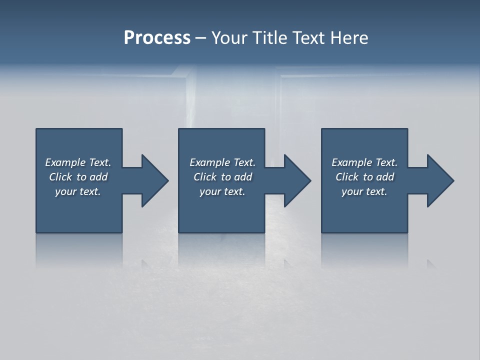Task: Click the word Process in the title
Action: [x=157, y=38]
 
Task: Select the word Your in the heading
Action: [x=230, y=38]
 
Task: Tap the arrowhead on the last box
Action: [x=439, y=180]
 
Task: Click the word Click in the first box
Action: [x=60, y=177]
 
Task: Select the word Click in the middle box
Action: [x=205, y=177]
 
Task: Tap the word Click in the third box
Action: [x=347, y=177]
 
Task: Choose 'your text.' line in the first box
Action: [x=78, y=191]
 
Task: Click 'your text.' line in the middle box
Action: [x=222, y=191]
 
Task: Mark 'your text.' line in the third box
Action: [x=364, y=191]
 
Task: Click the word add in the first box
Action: [x=99, y=177]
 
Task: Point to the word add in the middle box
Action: [x=243, y=177]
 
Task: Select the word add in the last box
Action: [x=385, y=177]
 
